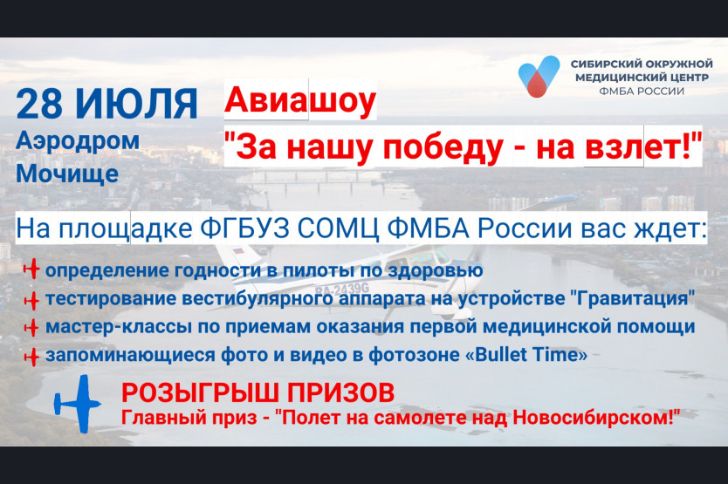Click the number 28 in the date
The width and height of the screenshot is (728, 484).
(x=39, y=104)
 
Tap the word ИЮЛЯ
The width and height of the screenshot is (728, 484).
(x=136, y=104)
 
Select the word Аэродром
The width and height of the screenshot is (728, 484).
(x=78, y=141)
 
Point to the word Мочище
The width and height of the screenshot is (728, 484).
(x=67, y=174)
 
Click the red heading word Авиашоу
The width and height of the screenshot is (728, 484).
(x=300, y=99)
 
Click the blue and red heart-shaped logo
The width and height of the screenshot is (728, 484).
(x=539, y=76)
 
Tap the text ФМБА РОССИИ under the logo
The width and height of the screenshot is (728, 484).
(x=642, y=91)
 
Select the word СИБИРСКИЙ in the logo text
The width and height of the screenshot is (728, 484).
(x=600, y=64)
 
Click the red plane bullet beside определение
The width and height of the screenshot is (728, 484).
(x=31, y=269)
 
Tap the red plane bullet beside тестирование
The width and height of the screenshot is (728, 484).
(x=31, y=300)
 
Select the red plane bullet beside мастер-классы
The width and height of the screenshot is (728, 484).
(x=31, y=328)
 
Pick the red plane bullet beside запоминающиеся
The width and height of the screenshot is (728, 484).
(x=31, y=357)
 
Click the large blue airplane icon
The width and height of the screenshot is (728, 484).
(x=77, y=404)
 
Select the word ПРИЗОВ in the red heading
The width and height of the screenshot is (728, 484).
(x=340, y=392)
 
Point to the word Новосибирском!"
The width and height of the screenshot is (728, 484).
(x=596, y=418)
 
